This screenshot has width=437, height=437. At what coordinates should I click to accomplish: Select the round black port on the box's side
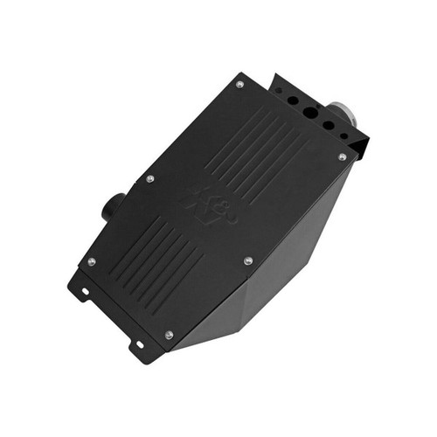click(112, 207)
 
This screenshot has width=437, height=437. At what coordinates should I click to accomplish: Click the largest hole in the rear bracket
click(312, 113)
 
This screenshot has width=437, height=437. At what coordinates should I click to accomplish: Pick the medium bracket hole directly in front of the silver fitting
click(329, 125)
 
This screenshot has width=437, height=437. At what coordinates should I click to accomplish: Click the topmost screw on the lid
click(239, 85)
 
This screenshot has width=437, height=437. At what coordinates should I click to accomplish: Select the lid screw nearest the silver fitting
click(342, 157)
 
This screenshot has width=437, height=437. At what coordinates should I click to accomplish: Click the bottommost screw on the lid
click(169, 335)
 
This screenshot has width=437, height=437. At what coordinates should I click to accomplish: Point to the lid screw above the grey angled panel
click(248, 260)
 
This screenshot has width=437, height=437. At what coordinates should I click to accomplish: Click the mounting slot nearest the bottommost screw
click(138, 344)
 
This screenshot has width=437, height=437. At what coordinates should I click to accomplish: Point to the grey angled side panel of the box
click(288, 262)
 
